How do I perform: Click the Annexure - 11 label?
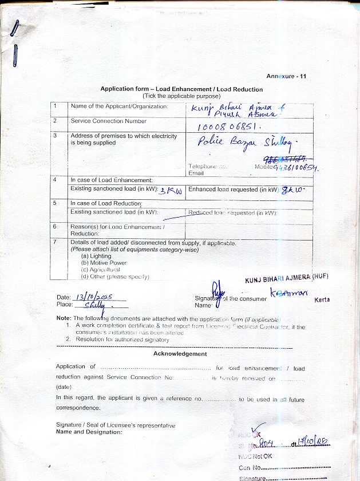click(286, 76)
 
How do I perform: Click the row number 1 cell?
click(56, 107)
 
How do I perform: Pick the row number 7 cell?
click(56, 243)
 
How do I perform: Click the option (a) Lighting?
click(96, 257)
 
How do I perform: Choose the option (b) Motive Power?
click(104, 263)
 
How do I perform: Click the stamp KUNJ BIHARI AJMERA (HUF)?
click(286, 278)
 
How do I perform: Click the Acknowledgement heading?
click(180, 354)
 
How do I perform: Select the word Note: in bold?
click(64, 318)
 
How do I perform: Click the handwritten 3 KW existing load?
click(171, 191)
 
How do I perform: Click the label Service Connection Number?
click(109, 121)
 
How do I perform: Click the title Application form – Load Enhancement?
click(181, 89)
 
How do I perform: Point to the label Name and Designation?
click(89, 432)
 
